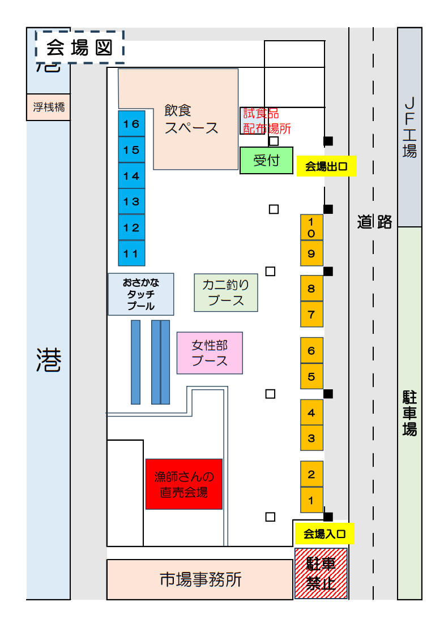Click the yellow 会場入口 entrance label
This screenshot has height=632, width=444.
pyautogui.click(x=324, y=533)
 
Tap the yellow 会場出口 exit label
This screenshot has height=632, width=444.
pyautogui.click(x=326, y=166)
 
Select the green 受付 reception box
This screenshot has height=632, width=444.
pyautogui.click(x=266, y=161)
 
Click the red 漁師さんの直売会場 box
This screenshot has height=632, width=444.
pyautogui.click(x=184, y=484)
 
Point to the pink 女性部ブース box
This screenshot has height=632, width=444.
pyautogui.click(x=210, y=353)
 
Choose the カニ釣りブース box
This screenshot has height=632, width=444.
pyautogui.click(x=226, y=293)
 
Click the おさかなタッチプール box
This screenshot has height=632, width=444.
pyautogui.click(x=141, y=294)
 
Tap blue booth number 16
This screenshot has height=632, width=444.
pyautogui.click(x=131, y=124)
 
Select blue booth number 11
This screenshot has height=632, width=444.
pyautogui.click(x=131, y=253)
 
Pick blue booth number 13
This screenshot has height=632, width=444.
pyautogui.click(x=131, y=201)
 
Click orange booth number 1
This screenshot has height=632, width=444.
pyautogui.click(x=311, y=500)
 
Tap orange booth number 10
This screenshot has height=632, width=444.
pyautogui.click(x=311, y=227)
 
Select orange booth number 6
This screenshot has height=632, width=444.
pyautogui.click(x=311, y=351)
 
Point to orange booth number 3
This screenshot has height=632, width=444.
pyautogui.click(x=311, y=438)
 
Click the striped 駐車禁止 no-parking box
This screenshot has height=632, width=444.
pyautogui.click(x=321, y=573)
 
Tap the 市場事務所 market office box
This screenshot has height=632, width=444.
pyautogui.click(x=200, y=579)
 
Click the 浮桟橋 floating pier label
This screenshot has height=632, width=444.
pyautogui.click(x=49, y=107)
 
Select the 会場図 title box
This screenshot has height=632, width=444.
pyautogui.click(x=79, y=48)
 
